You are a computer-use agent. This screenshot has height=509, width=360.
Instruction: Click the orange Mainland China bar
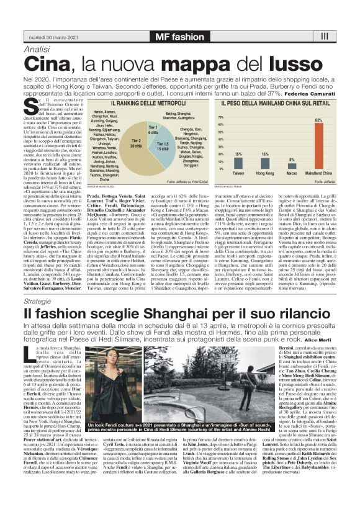click(x=322, y=146)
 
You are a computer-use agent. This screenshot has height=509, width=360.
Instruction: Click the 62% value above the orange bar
click(x=322, y=119)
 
